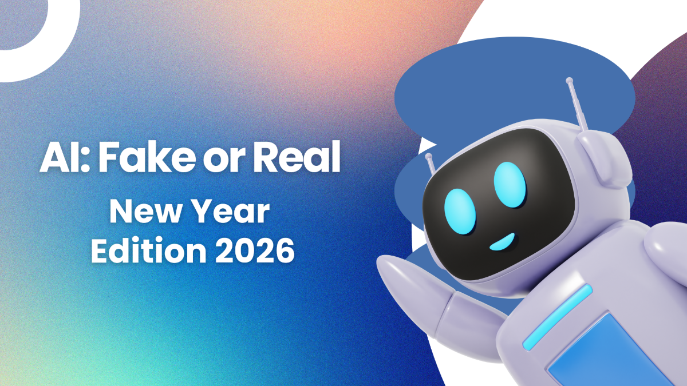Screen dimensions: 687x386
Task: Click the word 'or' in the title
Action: tap(224, 161)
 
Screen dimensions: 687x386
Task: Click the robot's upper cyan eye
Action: tap(510, 184)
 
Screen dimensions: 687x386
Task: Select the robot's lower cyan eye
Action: tap(460, 212)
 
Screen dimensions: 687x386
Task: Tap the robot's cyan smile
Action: tap(503, 242)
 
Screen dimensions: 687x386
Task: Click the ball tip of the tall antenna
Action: tap(570, 81)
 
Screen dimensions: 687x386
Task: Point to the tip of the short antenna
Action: tap(428, 157)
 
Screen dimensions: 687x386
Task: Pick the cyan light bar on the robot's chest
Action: tap(558, 317)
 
